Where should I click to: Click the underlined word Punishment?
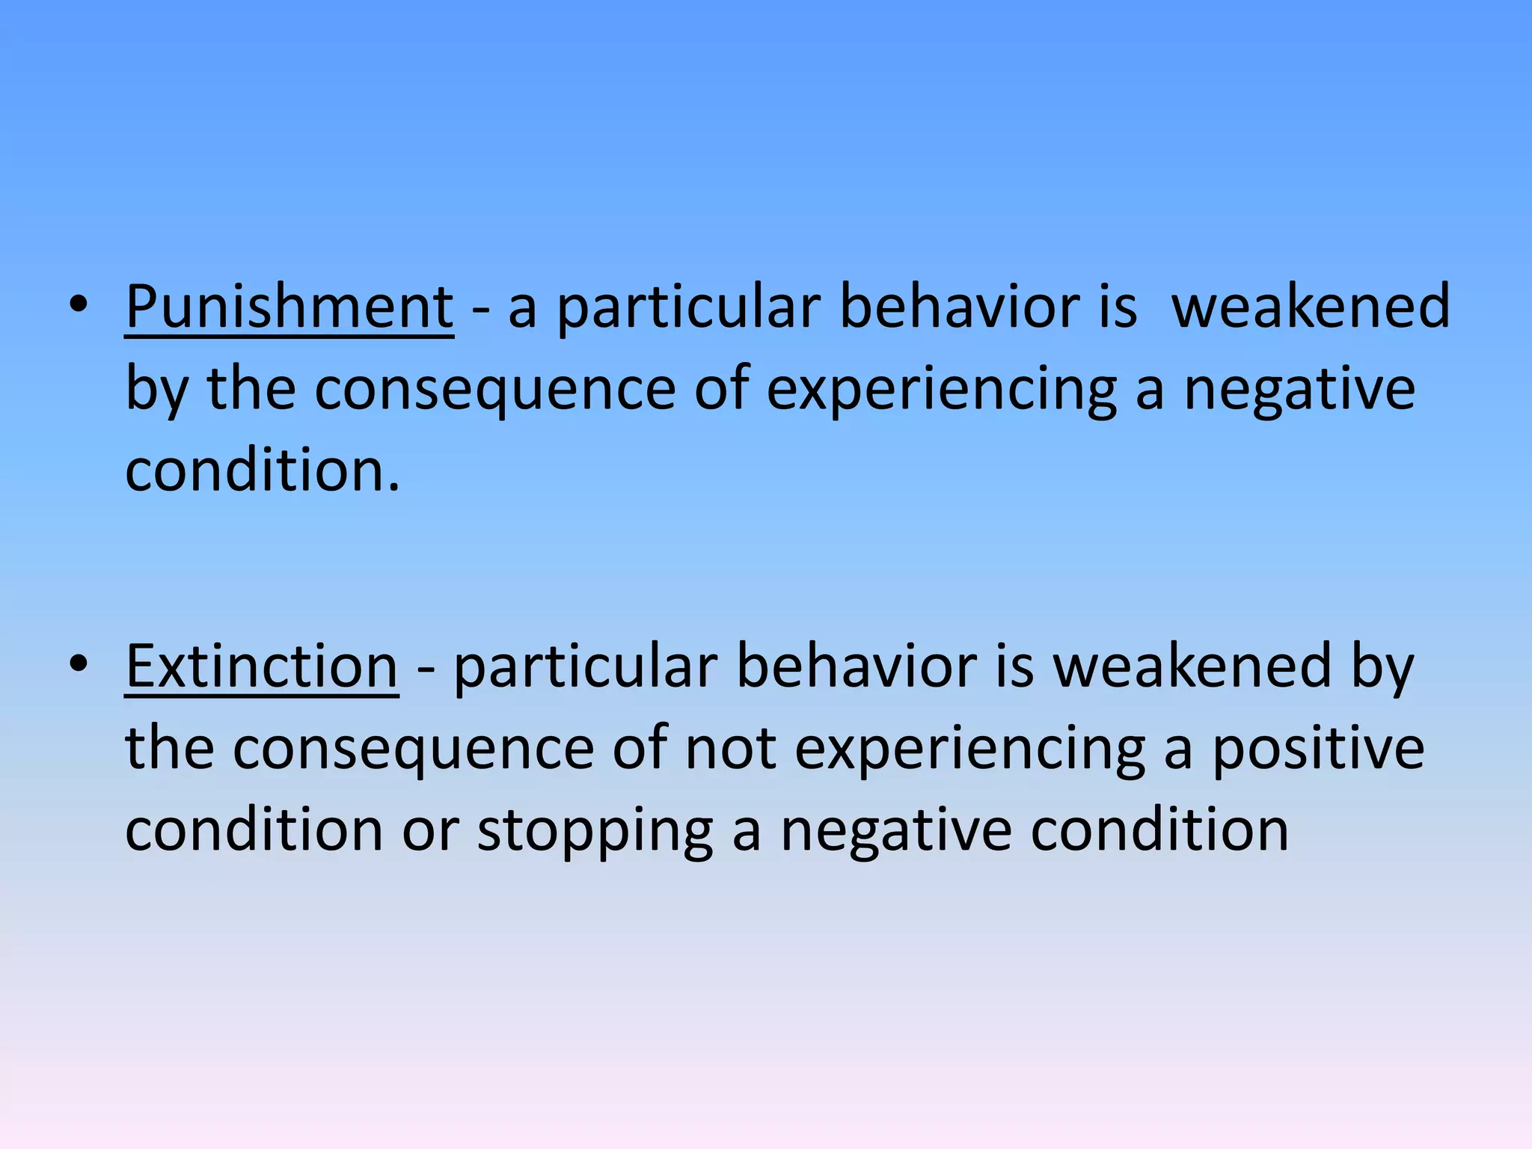tap(289, 307)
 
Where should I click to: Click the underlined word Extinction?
tap(262, 667)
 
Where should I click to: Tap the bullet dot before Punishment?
tap(79, 304)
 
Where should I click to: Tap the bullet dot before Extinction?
tap(79, 664)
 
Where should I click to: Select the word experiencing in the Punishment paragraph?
tap(941, 390)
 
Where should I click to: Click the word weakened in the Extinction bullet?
tap(1192, 667)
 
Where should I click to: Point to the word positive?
tap(1318, 749)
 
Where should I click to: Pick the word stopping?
tap(595, 831)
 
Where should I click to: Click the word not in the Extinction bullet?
tap(730, 749)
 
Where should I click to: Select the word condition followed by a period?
tap(263, 471)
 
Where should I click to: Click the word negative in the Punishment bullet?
tap(1300, 390)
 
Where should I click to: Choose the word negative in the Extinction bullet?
tap(896, 831)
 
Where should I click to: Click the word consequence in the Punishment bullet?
tap(494, 390)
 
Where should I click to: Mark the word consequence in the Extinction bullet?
tap(413, 749)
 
